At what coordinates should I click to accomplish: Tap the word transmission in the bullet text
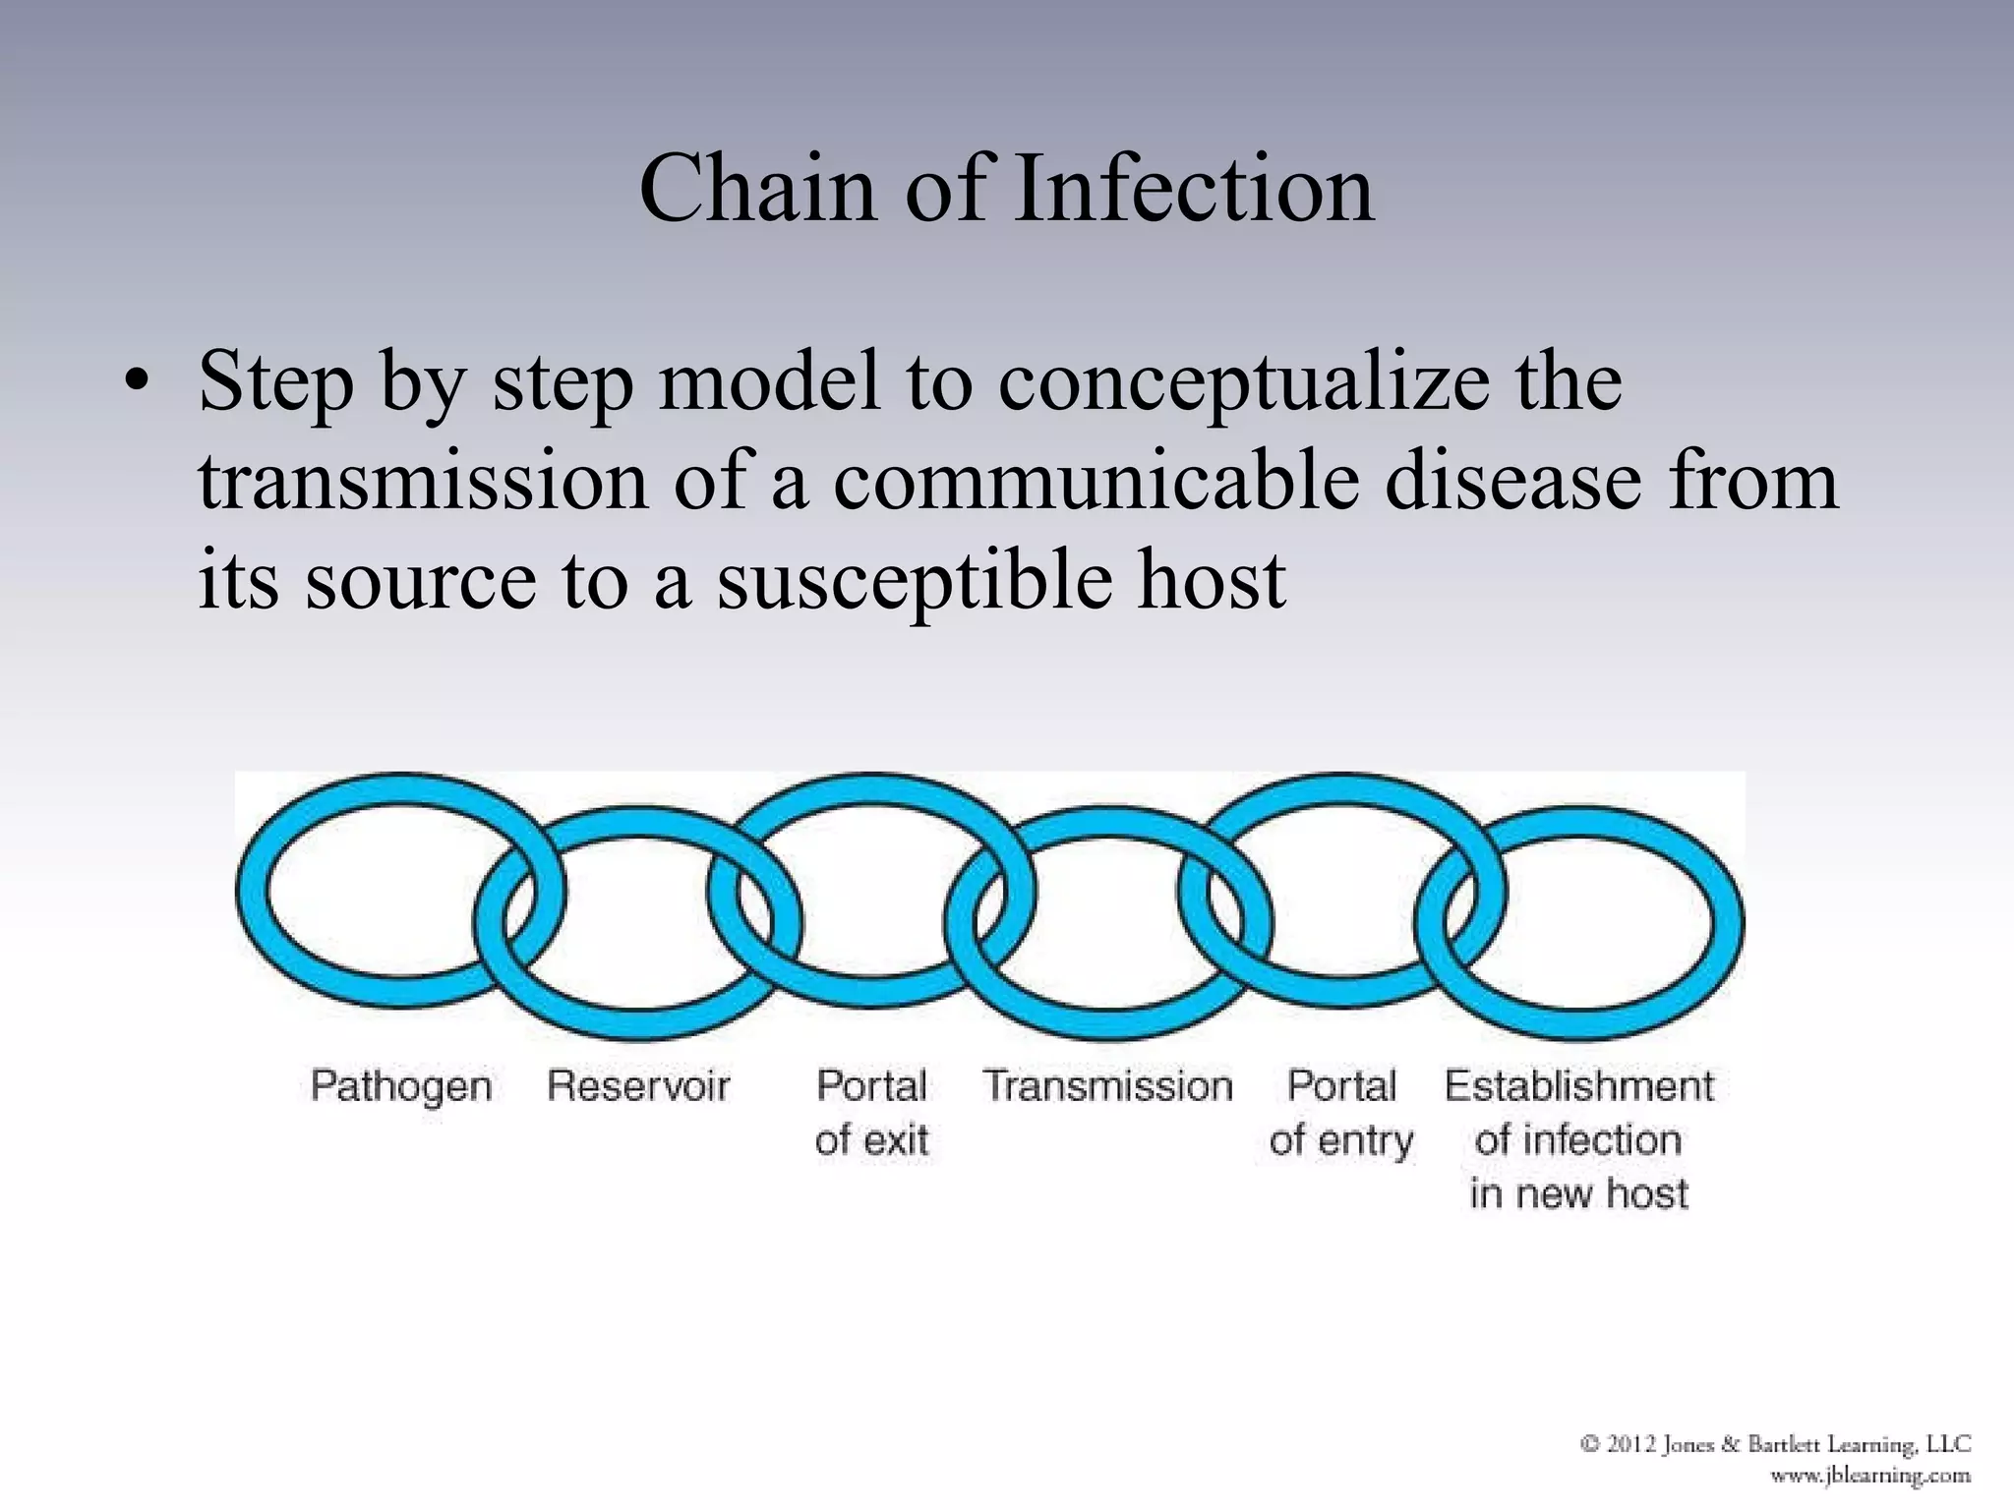coord(423,482)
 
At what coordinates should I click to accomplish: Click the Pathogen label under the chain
coord(401,1087)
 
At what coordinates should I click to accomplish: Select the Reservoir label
coord(638,1086)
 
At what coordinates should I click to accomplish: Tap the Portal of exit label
coord(871,1113)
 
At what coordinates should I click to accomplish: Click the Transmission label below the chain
coord(1108,1086)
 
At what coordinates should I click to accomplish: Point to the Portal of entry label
coord(1341,1113)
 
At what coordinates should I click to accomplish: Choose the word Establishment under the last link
coord(1578,1086)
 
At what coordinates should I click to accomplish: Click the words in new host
coord(1578,1193)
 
